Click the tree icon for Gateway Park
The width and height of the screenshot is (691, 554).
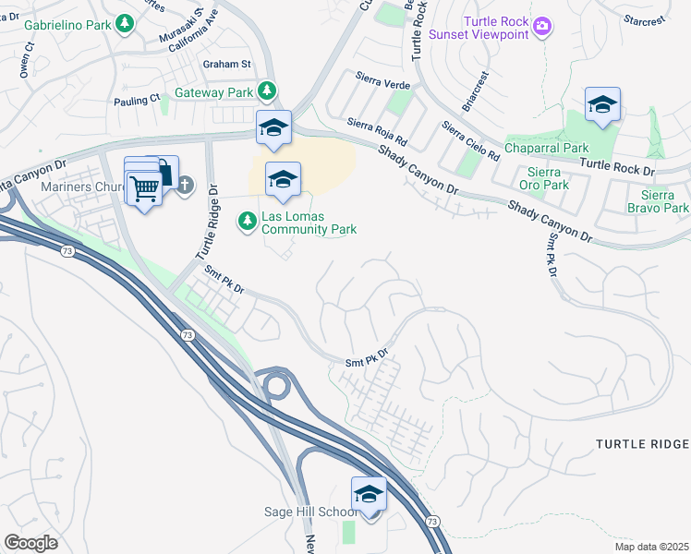[x=267, y=90]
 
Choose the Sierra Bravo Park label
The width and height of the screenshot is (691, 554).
[x=664, y=201]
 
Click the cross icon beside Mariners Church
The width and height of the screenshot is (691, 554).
[x=185, y=185]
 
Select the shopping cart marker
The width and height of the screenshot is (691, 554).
[x=144, y=188]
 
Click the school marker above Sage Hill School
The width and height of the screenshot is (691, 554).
[x=369, y=495]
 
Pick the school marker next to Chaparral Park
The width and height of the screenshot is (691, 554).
[x=602, y=106]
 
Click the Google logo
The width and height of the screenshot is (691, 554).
[x=30, y=543]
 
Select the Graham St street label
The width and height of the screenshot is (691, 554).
[x=227, y=64]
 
